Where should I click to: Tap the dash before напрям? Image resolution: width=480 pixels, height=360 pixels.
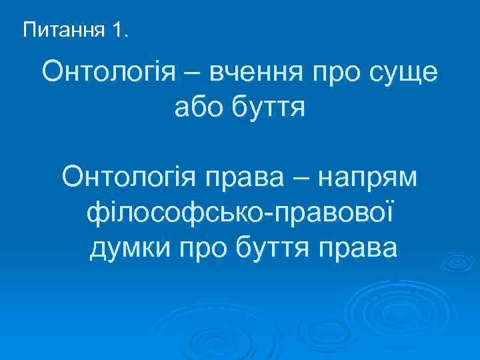click(x=301, y=178)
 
